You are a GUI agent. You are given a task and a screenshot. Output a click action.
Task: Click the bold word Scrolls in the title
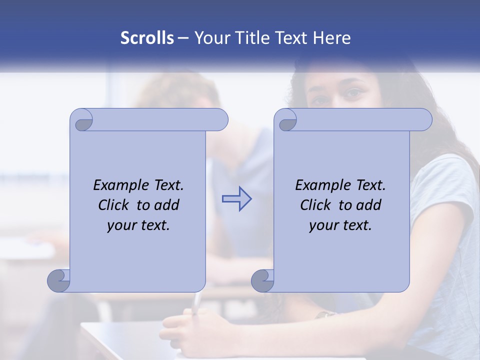(x=147, y=38)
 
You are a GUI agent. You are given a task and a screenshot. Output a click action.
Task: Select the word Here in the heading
(x=332, y=38)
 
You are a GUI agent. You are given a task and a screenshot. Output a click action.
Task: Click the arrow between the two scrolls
(x=236, y=199)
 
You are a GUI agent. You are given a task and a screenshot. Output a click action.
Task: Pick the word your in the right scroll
(x=323, y=225)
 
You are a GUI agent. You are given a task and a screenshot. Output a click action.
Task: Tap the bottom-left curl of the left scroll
(x=58, y=280)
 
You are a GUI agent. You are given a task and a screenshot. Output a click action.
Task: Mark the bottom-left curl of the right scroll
(x=262, y=280)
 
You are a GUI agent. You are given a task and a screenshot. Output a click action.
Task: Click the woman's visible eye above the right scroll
(x=353, y=92)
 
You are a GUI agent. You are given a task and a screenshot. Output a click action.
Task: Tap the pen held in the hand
(x=196, y=303)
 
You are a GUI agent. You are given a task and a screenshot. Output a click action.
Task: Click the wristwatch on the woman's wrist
(x=326, y=314)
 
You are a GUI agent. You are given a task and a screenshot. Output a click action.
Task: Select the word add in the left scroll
(x=167, y=205)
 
